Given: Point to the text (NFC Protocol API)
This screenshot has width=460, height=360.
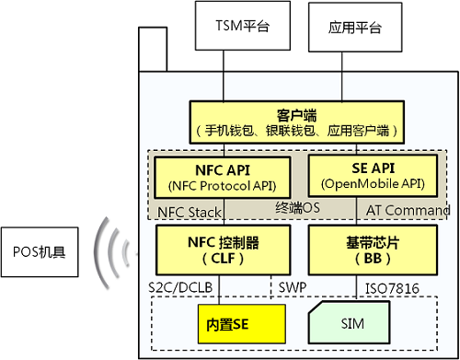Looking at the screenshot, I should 209,183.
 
